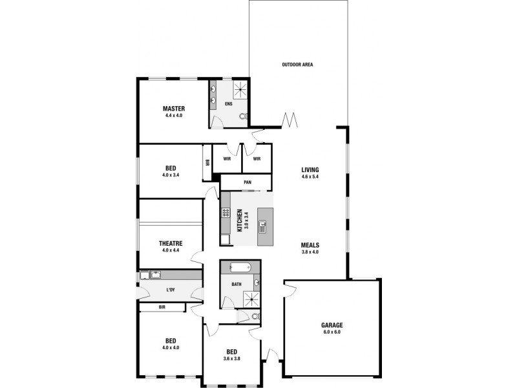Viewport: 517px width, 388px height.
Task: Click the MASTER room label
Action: (x=174, y=108)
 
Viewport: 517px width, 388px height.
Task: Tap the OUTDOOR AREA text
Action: (x=298, y=65)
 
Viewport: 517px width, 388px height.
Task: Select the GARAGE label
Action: (x=332, y=325)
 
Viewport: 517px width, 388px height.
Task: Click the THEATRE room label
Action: (x=171, y=243)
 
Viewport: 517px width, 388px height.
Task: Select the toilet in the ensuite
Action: (x=242, y=117)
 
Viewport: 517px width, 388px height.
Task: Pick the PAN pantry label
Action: (x=248, y=182)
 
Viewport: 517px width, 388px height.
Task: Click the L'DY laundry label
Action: (x=171, y=290)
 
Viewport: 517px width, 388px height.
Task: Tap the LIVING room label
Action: (x=310, y=170)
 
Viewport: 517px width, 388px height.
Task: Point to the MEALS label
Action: (x=310, y=245)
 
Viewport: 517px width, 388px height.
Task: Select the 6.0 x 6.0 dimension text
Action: (x=332, y=332)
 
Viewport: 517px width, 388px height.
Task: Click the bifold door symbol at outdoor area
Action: (x=290, y=120)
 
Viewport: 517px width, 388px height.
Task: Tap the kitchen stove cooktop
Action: (x=227, y=213)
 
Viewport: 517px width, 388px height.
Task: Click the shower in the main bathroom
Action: (x=250, y=299)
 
